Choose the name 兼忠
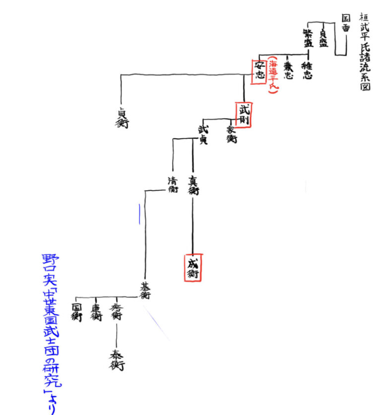(x=288, y=71)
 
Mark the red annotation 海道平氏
(x=272, y=75)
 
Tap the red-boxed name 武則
(x=245, y=115)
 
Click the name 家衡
(x=231, y=134)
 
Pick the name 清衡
(x=173, y=185)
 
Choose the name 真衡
(x=193, y=185)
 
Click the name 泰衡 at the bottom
(x=117, y=360)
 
